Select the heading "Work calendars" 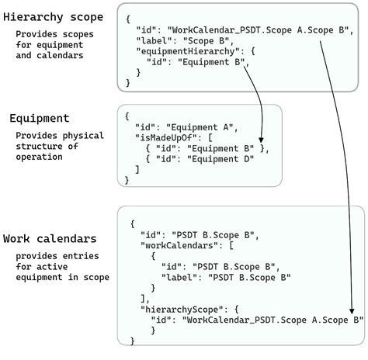pos(50,238)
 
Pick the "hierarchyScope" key pos(179,307)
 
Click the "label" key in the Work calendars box pos(178,275)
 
